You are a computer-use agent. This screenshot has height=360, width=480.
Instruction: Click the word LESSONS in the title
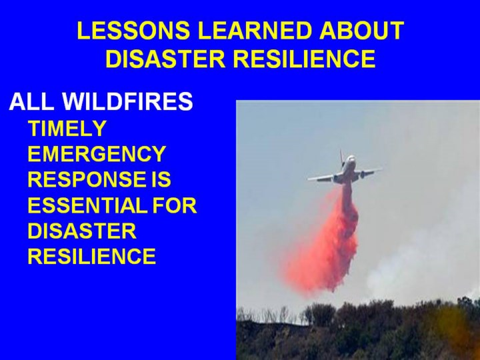tap(133, 31)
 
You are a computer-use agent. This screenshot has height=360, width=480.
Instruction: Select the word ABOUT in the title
tap(362, 31)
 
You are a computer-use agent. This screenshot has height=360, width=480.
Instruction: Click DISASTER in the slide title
tap(165, 59)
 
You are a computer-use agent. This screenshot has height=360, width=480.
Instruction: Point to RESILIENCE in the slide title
tap(305, 59)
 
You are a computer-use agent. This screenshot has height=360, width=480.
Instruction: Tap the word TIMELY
tap(67, 128)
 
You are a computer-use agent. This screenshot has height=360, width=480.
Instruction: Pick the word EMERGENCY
tap(97, 154)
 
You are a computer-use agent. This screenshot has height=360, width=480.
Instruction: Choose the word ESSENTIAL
tap(88, 205)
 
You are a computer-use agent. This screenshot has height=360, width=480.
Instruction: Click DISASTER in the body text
tap(82, 231)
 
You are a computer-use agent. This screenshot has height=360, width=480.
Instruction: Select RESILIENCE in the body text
tap(92, 256)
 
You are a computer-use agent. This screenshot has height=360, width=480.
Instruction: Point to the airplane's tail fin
tap(341, 157)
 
